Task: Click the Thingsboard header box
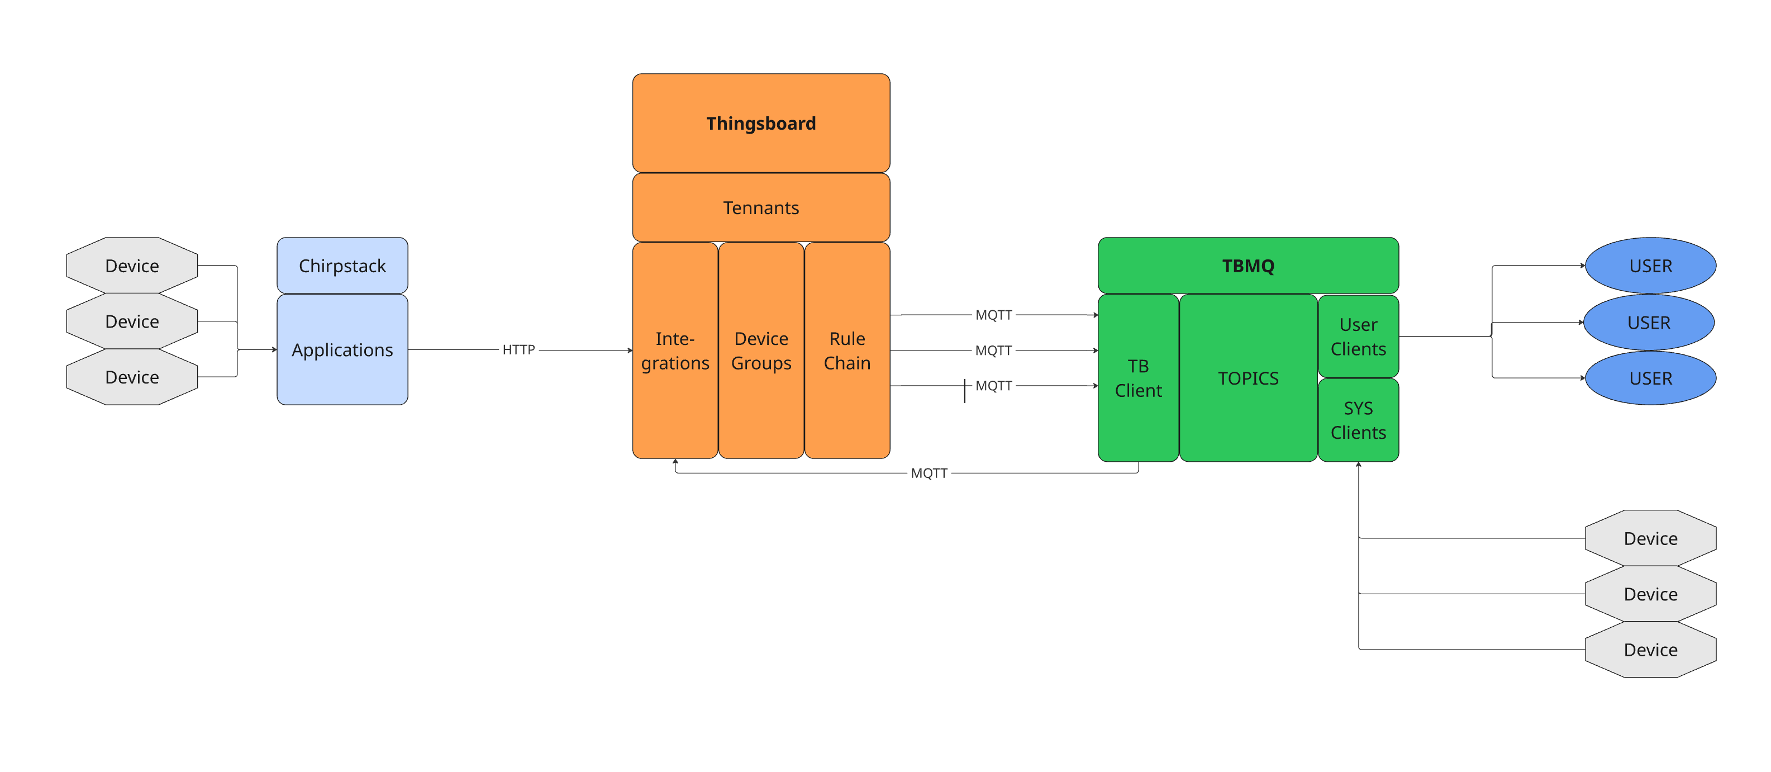point(761,123)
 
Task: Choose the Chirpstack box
point(342,266)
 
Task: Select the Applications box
point(342,349)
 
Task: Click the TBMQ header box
point(1248,266)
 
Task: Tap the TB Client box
point(1138,378)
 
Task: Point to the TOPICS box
point(1248,378)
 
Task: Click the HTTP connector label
point(518,349)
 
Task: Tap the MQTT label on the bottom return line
point(929,473)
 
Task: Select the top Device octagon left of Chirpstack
point(132,266)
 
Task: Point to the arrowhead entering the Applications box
point(274,349)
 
